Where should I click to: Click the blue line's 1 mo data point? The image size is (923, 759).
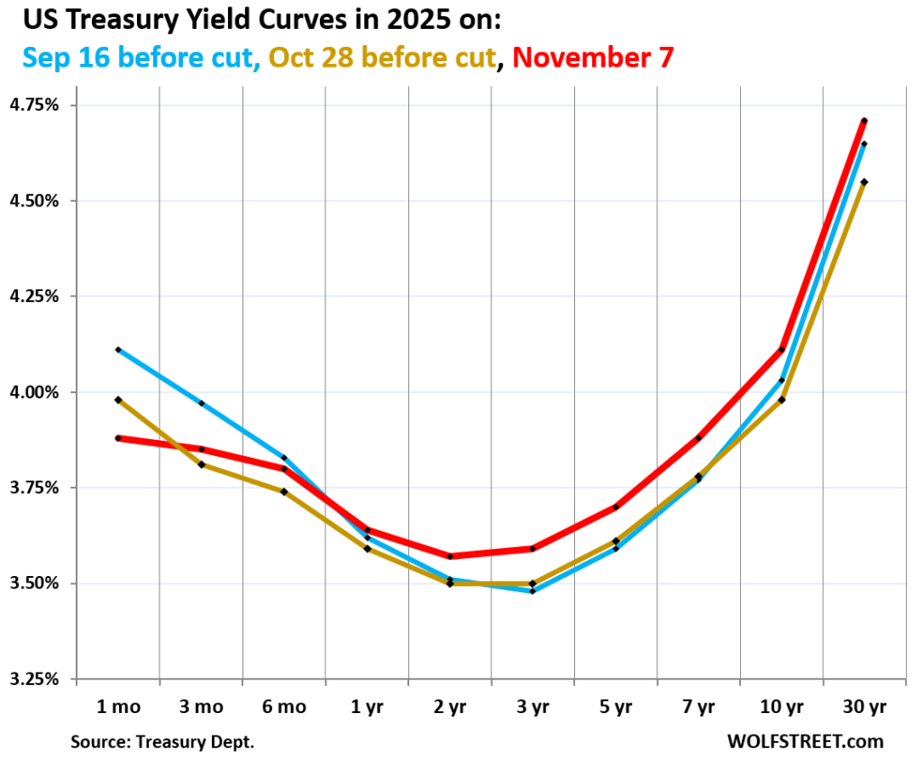coord(118,350)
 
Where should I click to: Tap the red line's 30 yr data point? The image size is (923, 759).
coord(864,121)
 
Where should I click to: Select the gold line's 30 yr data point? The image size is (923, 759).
coord(864,182)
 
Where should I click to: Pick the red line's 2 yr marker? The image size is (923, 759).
coord(450,556)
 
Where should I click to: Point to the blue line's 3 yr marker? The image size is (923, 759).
coord(533,591)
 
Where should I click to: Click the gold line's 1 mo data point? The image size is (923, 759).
coord(118,399)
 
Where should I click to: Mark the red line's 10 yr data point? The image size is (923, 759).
coord(781,350)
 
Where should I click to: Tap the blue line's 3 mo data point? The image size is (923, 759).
coord(201,403)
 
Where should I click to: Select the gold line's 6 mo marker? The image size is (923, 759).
coord(284,491)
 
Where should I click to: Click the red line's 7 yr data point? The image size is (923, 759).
coord(699,438)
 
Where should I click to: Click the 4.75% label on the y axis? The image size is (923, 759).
coord(35,105)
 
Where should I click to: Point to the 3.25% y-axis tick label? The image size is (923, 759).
coord(35,679)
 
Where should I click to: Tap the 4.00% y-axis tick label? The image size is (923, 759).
coord(35,392)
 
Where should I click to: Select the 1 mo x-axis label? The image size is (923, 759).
coord(118,708)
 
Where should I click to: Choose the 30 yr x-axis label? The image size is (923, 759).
coord(864,708)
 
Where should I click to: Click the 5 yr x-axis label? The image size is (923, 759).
coord(616,708)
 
